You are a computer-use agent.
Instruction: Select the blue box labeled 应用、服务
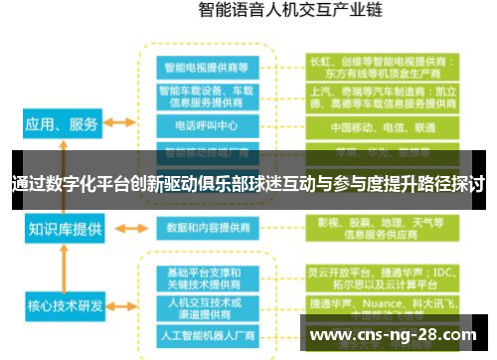click(x=62, y=124)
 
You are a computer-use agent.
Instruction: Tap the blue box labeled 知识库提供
click(x=65, y=230)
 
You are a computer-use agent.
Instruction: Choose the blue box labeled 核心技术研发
click(x=65, y=303)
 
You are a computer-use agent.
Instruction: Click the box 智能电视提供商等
click(x=206, y=67)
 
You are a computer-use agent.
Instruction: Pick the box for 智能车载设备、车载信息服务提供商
click(x=206, y=96)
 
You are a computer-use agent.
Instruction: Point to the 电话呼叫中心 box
click(x=206, y=126)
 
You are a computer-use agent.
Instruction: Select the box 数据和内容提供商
click(x=206, y=228)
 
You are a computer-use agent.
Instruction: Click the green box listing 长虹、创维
click(x=383, y=66)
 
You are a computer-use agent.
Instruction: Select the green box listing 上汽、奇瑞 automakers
click(x=383, y=96)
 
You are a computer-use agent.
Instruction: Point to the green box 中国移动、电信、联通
click(x=383, y=127)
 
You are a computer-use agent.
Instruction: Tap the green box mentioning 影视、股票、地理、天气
click(x=383, y=229)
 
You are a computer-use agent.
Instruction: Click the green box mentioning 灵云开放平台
click(x=383, y=278)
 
